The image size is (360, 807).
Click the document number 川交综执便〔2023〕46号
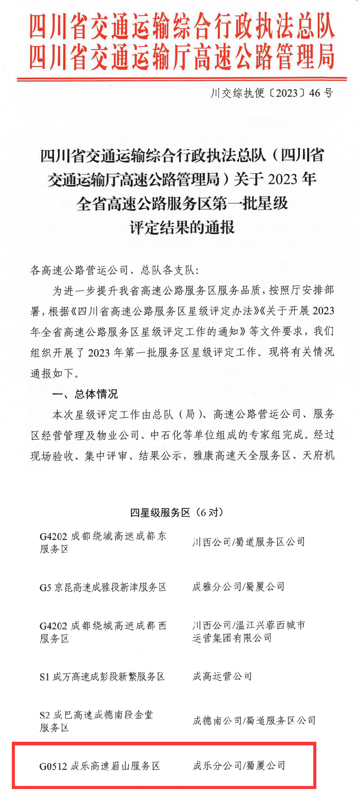pos(272,93)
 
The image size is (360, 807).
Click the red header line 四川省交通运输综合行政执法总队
pos(182,26)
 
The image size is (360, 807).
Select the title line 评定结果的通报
pos(182,227)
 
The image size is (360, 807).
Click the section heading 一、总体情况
pos(85,394)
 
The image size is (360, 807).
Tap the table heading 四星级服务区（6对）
pos(177,512)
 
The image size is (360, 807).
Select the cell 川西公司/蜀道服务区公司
pos(249,542)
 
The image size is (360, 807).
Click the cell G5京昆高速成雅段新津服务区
pos(103,587)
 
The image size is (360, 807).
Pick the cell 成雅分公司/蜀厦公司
pos(238,587)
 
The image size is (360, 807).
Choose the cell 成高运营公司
pos(222,677)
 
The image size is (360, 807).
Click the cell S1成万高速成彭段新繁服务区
pos(102,677)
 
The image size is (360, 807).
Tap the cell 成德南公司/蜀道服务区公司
pos(254,721)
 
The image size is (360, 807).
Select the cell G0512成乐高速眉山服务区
pos(100,766)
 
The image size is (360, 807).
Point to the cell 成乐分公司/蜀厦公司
pos(238,766)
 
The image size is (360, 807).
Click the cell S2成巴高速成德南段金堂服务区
pos(96,721)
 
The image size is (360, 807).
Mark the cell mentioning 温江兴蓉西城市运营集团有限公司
pos(249,631)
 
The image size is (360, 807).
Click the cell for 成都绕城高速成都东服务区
pos(103,542)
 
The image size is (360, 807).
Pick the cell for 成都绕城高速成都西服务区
pos(103,632)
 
